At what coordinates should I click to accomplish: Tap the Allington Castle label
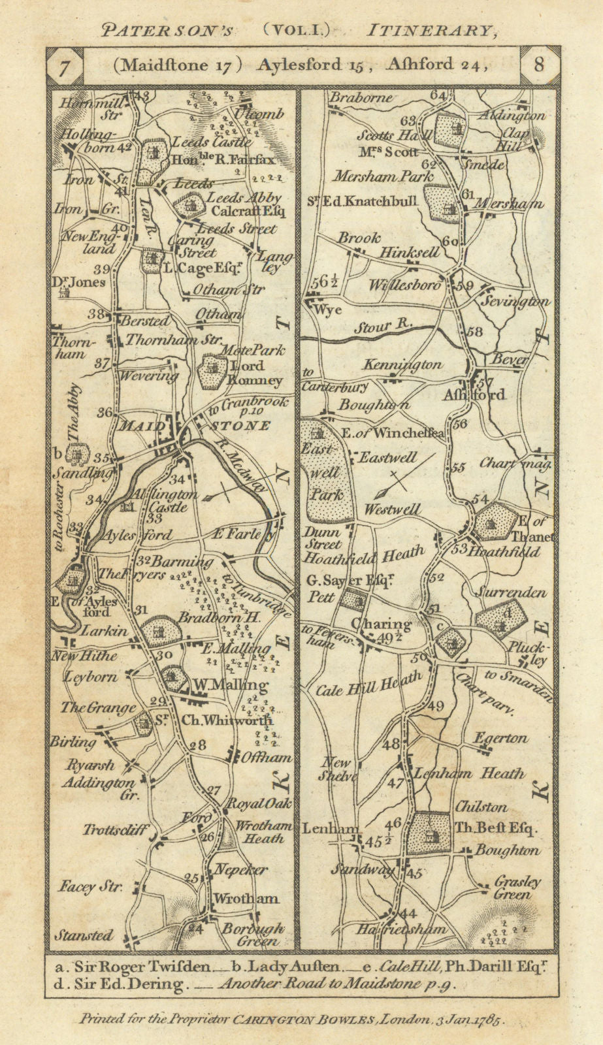point(160,500)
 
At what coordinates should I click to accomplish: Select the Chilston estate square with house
point(430,833)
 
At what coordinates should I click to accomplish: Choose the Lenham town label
point(330,828)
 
